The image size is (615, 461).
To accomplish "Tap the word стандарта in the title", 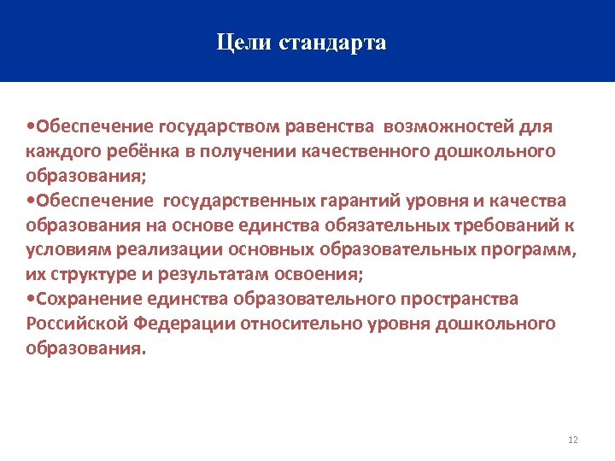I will click(x=332, y=43).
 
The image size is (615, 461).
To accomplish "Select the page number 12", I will click(x=572, y=440).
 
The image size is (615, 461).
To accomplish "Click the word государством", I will click(x=220, y=126).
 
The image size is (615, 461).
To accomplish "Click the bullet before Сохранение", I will click(x=31, y=300).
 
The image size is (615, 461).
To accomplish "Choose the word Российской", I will click(x=72, y=324).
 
